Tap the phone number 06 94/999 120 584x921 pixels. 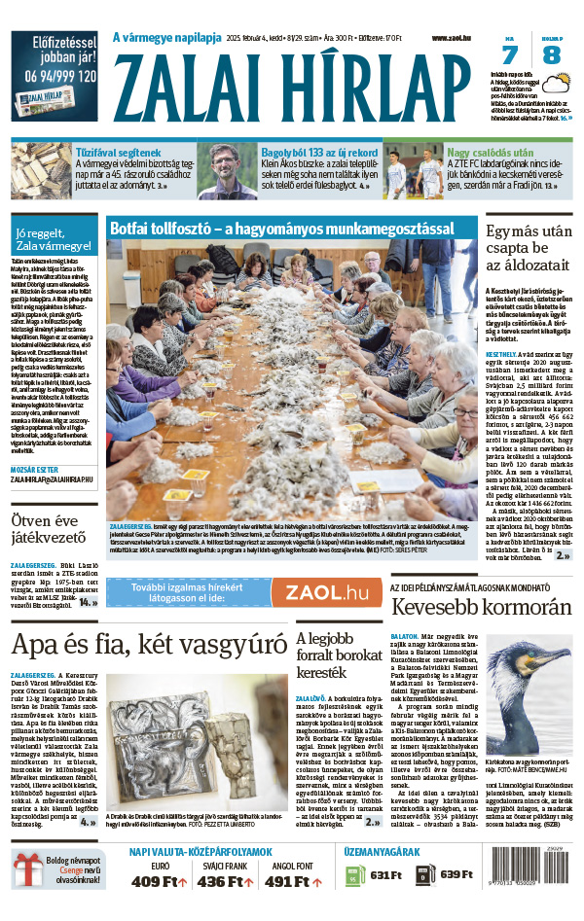(x=54, y=74)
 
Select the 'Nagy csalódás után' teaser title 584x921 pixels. (x=490, y=153)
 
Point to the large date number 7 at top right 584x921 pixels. (x=511, y=55)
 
